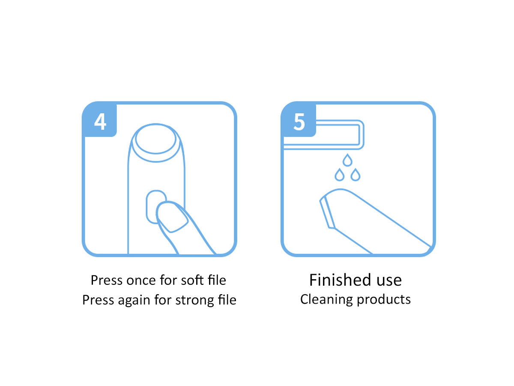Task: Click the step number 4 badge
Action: [99, 120]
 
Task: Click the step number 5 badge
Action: [299, 120]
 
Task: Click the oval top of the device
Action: [156, 139]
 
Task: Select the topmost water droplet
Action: [347, 160]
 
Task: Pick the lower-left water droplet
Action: [339, 175]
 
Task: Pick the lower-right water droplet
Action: [355, 175]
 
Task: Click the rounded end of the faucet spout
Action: [362, 135]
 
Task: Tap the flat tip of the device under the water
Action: [327, 212]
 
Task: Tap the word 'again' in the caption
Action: [134, 301]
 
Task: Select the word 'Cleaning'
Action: [326, 299]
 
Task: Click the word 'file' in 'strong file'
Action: [227, 300]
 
